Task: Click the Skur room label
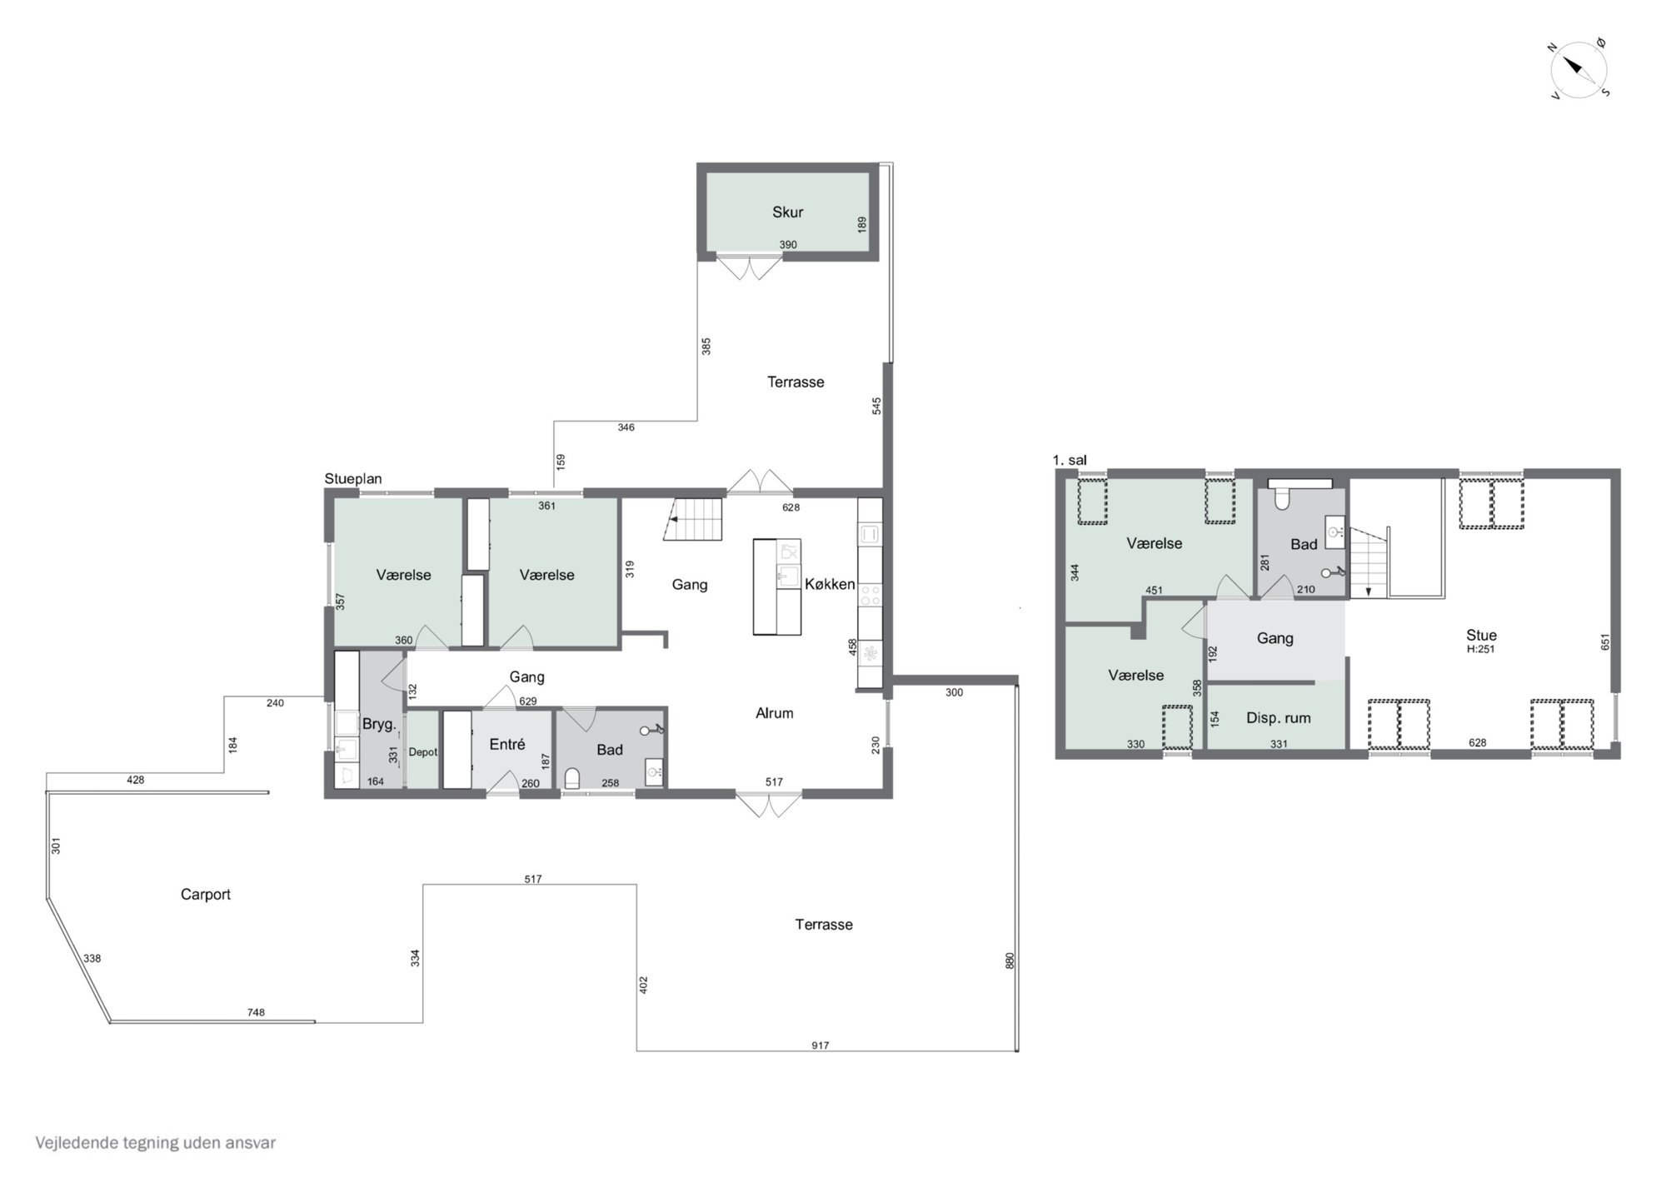[x=787, y=212]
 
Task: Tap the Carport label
[x=206, y=895]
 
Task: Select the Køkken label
[x=830, y=584]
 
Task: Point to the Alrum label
[x=775, y=713]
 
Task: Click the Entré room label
[x=507, y=744]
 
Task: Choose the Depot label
[x=422, y=751]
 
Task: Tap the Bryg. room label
[x=379, y=725]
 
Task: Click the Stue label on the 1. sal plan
[x=1481, y=635]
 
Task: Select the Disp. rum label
[x=1278, y=718]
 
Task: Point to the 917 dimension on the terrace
[x=821, y=1046]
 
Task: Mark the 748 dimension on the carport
[x=256, y=1012]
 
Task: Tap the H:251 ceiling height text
[x=1481, y=649]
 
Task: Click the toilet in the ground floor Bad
[x=572, y=778]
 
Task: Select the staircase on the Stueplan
[x=692, y=519]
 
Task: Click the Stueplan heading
[x=353, y=479]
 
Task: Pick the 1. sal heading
[x=1070, y=460]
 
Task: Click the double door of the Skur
[x=751, y=267]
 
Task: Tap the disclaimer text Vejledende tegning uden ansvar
[x=156, y=1143]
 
